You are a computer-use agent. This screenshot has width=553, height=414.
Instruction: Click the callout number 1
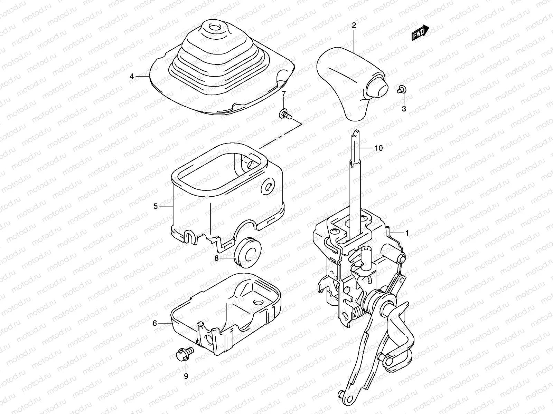click(x=407, y=233)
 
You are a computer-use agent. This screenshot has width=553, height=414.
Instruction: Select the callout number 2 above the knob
click(x=354, y=25)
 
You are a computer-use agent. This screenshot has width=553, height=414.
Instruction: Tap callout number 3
click(x=404, y=109)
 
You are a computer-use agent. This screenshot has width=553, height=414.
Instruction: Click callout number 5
click(x=156, y=206)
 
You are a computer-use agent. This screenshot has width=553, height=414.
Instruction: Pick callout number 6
click(x=155, y=323)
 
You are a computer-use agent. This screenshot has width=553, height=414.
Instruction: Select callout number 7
click(x=283, y=94)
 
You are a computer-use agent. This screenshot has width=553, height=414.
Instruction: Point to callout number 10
click(x=379, y=148)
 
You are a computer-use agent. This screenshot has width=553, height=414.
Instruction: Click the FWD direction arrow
click(x=420, y=33)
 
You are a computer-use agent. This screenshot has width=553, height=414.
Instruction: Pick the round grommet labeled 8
click(x=247, y=252)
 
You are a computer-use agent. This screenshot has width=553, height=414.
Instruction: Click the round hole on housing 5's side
click(x=268, y=187)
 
